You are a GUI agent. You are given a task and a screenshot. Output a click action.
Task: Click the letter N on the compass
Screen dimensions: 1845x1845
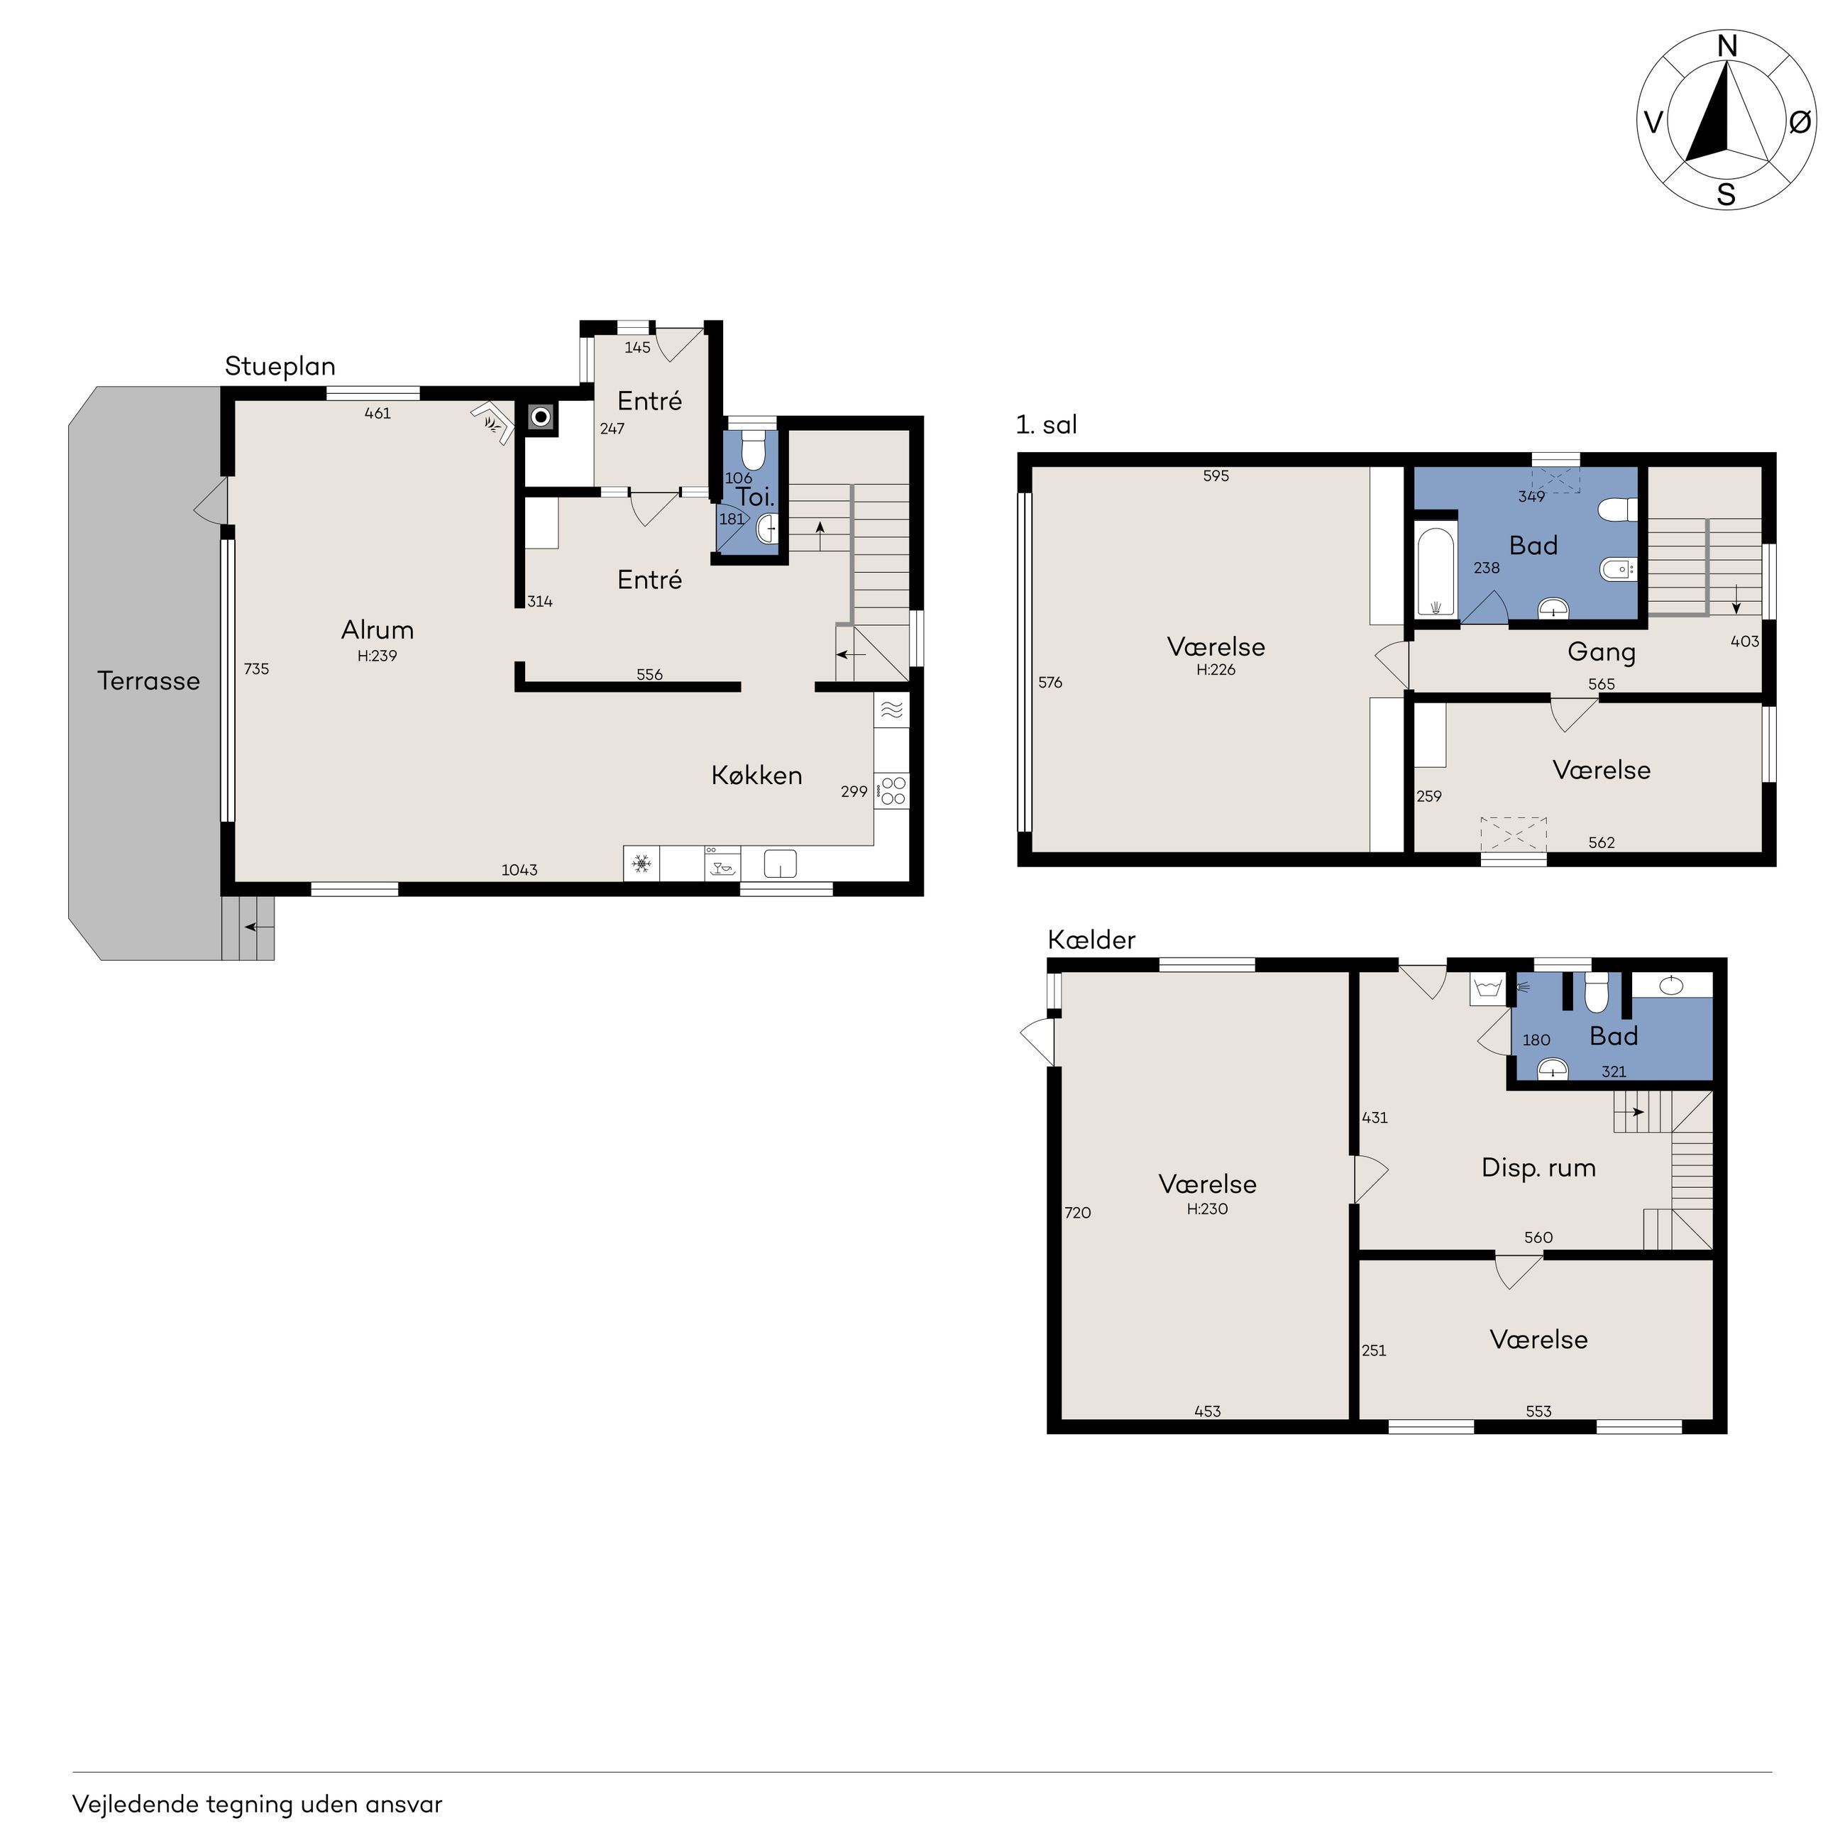(x=1726, y=46)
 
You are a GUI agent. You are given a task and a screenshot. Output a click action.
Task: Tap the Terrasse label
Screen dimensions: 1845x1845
(x=149, y=681)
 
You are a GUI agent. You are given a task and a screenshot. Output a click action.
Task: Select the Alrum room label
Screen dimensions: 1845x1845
(x=378, y=629)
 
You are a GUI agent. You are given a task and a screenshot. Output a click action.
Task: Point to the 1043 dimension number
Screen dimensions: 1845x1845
(x=519, y=870)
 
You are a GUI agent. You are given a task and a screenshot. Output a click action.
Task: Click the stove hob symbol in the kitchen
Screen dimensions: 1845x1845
(x=892, y=791)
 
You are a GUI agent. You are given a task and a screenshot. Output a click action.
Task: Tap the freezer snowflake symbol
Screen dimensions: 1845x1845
(x=641, y=865)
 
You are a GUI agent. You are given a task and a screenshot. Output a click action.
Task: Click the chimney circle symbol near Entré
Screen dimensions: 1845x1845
(x=541, y=417)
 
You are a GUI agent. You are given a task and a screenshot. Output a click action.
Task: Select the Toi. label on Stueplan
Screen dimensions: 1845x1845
(x=754, y=497)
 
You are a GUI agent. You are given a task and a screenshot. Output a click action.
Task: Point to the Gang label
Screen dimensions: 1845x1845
(x=1602, y=653)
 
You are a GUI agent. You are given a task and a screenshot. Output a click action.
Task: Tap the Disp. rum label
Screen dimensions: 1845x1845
(x=1538, y=1168)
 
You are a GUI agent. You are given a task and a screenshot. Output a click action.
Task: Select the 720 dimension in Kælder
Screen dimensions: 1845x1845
(x=1077, y=1213)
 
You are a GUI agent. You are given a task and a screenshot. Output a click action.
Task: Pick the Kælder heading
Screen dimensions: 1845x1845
(x=1091, y=940)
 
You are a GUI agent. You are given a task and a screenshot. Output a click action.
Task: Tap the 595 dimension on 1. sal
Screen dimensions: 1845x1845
(x=1216, y=475)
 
